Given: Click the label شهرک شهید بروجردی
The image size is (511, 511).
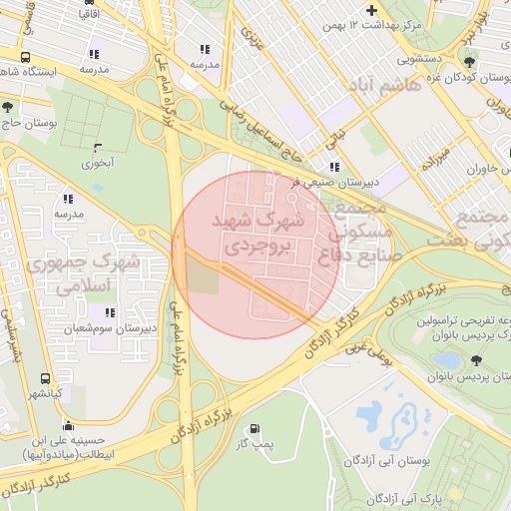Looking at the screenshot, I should [255, 231].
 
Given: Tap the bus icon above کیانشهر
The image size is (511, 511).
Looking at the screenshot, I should [45, 378].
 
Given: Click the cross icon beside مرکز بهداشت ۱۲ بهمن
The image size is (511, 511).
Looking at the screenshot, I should [372, 11].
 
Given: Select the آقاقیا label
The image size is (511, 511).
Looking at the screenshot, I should [90, 15].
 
